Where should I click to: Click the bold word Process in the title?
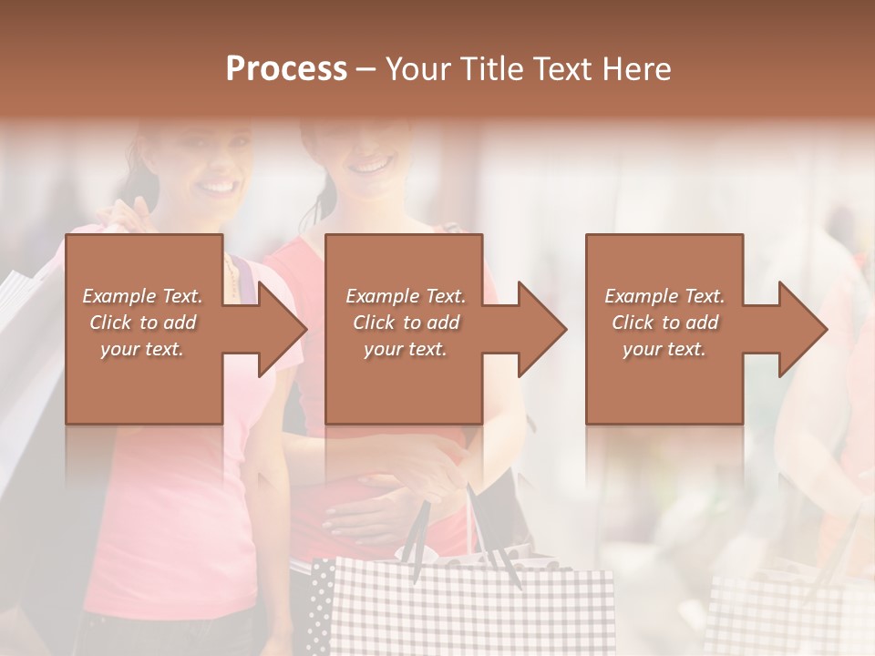(286, 69)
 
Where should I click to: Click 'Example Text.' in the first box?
(142, 296)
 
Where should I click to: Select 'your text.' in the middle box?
(405, 349)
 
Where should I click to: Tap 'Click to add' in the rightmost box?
(664, 323)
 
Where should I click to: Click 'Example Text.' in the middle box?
(406, 296)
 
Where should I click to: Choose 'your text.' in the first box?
(142, 349)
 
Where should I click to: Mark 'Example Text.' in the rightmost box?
(664, 296)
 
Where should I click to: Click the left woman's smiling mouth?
(217, 187)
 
